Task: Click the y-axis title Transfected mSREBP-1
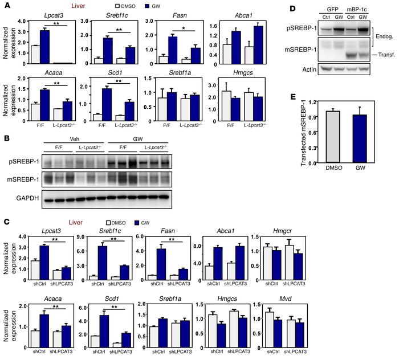[x=294, y=132]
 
